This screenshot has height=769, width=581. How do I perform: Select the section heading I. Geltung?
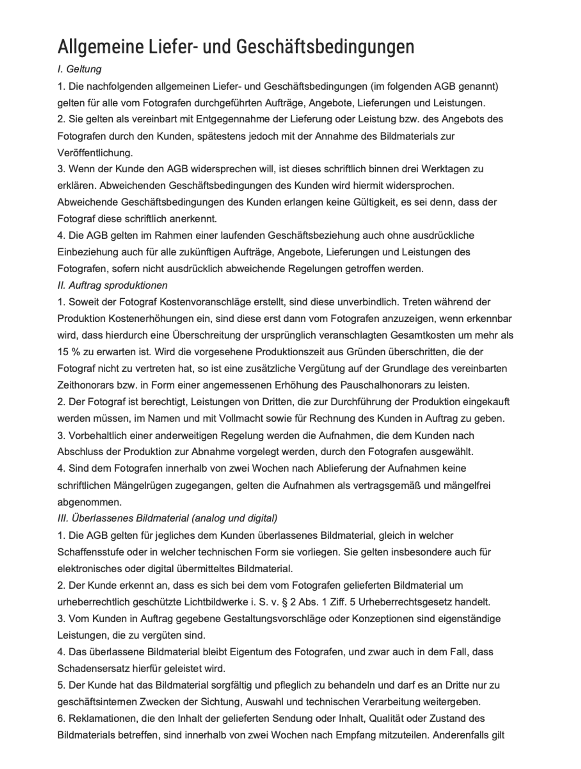[79, 69]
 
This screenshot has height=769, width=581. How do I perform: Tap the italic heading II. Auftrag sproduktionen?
[112, 285]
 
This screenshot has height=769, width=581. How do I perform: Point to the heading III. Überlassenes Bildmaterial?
[167, 518]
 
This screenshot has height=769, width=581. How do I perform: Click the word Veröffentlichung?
[95, 153]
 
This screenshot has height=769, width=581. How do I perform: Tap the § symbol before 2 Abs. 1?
[285, 602]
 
